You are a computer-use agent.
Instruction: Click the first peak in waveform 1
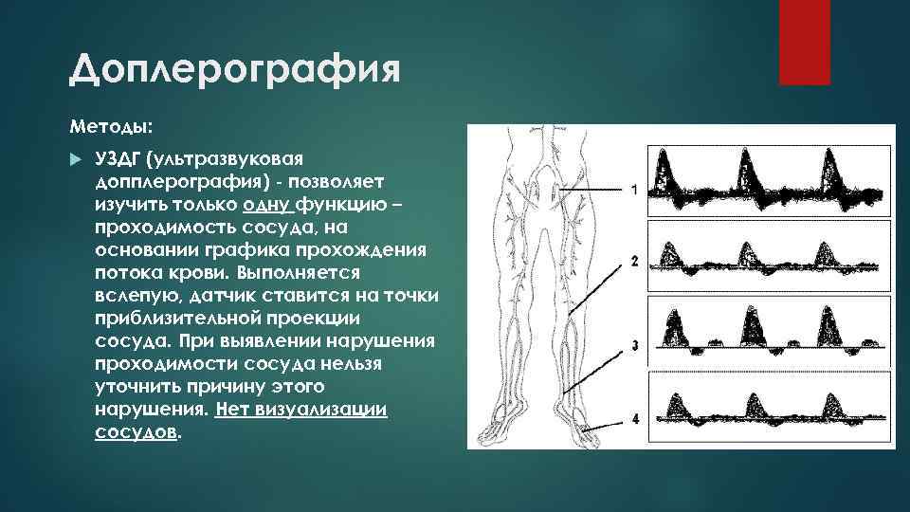tap(669, 171)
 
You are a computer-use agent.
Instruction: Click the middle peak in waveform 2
tap(747, 250)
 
